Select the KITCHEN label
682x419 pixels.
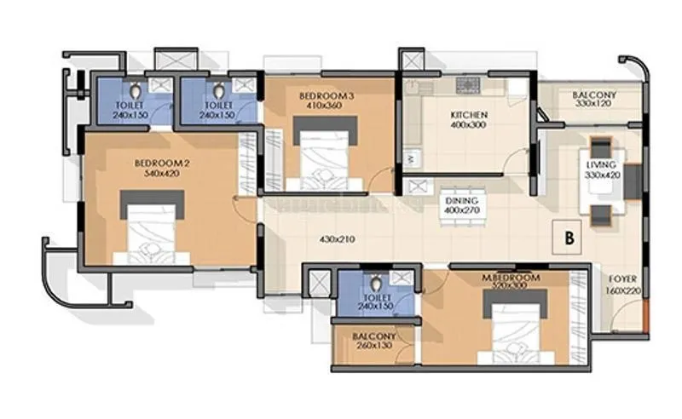[469, 114]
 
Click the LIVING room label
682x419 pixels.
[603, 164]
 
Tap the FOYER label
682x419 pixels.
[621, 278]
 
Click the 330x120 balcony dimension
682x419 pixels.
[594, 104]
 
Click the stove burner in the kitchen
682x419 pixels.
[468, 84]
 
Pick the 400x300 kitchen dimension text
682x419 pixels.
[469, 125]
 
